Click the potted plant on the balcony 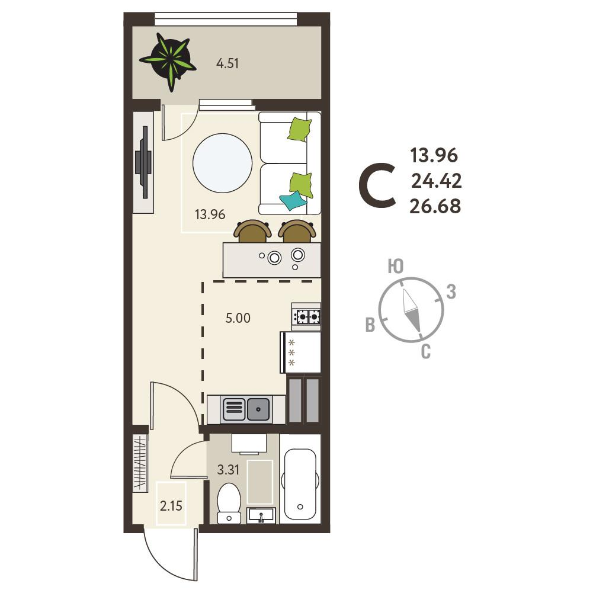click(x=168, y=61)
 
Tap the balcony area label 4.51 click(x=227, y=63)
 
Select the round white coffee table click(x=222, y=163)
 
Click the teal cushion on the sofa click(x=293, y=200)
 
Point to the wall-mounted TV click(x=144, y=162)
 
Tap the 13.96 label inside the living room click(x=210, y=214)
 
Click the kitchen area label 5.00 click(x=238, y=318)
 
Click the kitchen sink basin click(x=258, y=409)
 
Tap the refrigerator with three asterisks click(x=300, y=352)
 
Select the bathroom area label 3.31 click(x=228, y=470)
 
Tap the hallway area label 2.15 click(x=171, y=506)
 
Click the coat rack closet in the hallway click(x=140, y=464)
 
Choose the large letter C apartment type click(x=377, y=185)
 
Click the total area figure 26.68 click(x=435, y=207)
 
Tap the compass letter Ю click(x=396, y=267)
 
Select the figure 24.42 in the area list click(x=437, y=181)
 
